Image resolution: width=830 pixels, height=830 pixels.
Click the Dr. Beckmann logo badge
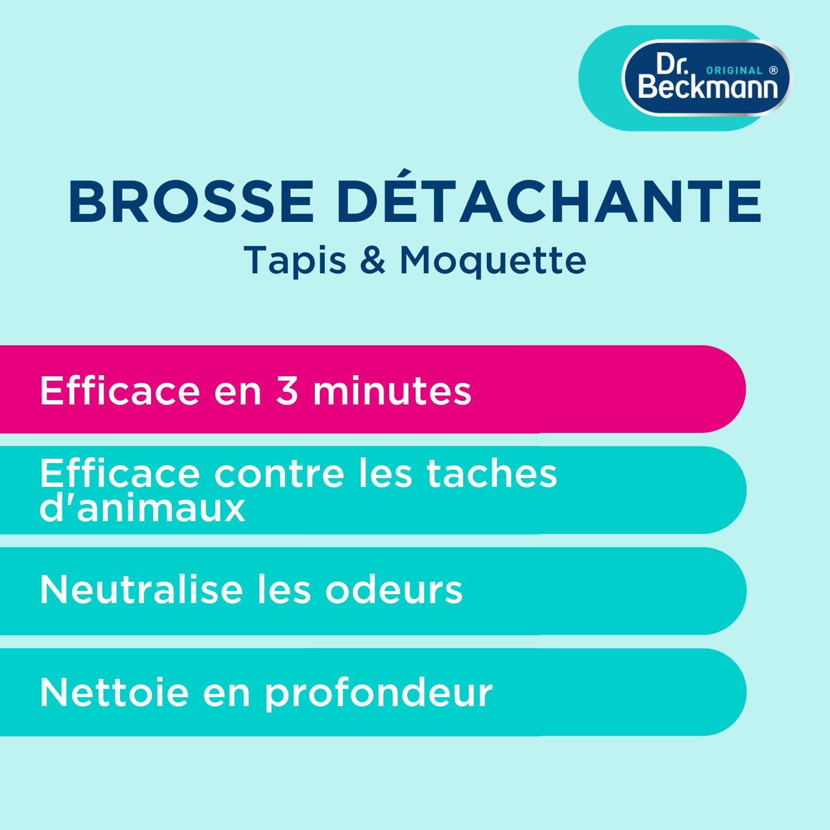(x=707, y=78)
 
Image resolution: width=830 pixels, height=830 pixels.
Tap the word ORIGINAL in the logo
(x=734, y=71)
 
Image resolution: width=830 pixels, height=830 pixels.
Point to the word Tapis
(x=295, y=260)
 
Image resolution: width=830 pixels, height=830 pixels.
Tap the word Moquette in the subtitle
(x=492, y=260)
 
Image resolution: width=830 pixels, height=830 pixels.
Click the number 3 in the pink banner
(x=287, y=391)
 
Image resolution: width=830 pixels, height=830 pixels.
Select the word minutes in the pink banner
(x=392, y=391)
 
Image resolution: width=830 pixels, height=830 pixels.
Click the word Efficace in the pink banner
(x=120, y=391)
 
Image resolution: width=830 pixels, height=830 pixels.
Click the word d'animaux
(x=142, y=508)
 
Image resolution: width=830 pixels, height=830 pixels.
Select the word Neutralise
(x=141, y=589)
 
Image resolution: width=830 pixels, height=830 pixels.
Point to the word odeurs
(x=393, y=589)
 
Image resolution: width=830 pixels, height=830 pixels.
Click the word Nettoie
(x=114, y=692)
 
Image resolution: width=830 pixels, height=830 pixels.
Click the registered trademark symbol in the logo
(x=774, y=70)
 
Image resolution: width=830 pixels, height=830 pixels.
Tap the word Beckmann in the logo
(x=708, y=87)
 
